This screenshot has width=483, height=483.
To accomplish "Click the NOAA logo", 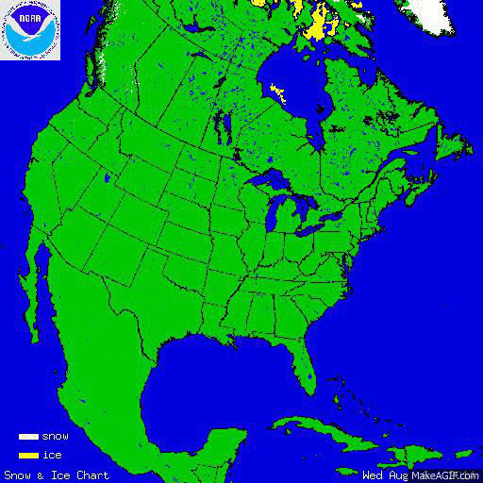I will [30, 30].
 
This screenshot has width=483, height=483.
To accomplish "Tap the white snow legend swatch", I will [28, 437].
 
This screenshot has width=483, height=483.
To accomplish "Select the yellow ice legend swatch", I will [28, 456].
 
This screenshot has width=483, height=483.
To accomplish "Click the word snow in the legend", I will [55, 437].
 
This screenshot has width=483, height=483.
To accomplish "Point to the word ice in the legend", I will [51, 456].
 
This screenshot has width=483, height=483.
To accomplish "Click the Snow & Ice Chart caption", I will [57, 475].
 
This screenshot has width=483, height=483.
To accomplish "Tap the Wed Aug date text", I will [385, 475].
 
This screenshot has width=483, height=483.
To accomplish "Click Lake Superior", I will [269, 178].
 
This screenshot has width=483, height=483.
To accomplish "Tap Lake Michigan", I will [274, 212].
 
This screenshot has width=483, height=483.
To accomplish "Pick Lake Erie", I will [316, 226].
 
